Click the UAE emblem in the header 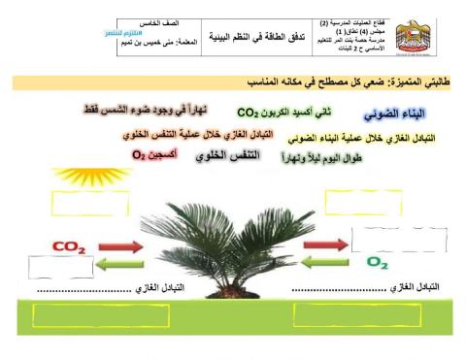pos(417,38)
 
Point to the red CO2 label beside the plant pos(70,247)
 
